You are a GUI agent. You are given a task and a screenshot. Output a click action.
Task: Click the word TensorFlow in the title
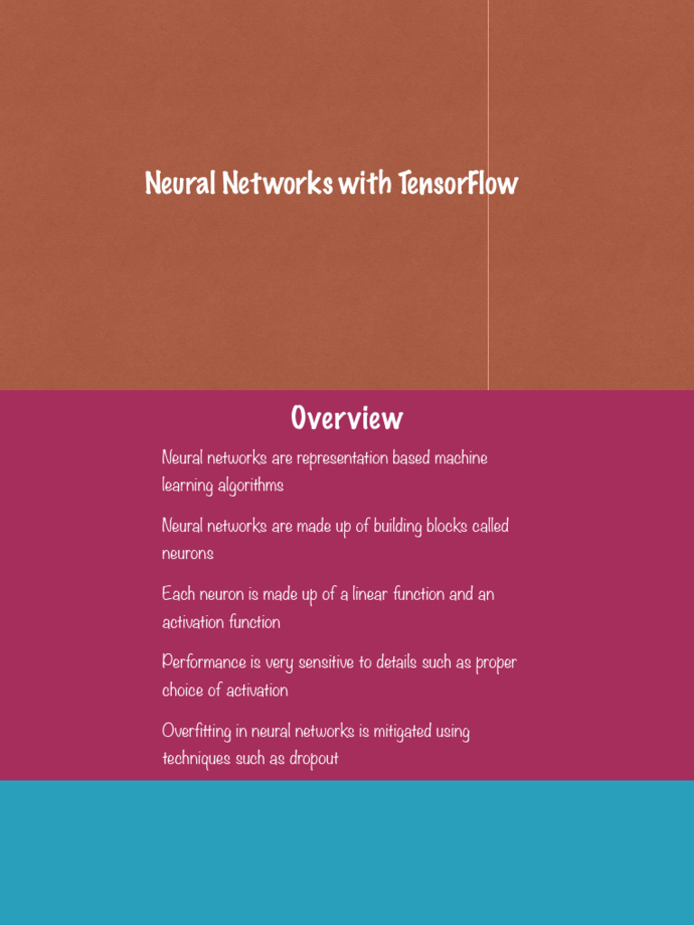pos(458,183)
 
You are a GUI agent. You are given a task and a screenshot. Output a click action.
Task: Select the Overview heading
pos(347,418)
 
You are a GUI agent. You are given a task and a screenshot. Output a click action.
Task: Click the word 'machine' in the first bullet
pos(461,458)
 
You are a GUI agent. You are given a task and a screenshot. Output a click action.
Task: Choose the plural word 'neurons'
pos(188,554)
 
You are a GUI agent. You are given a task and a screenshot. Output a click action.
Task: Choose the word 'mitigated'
pos(402,731)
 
